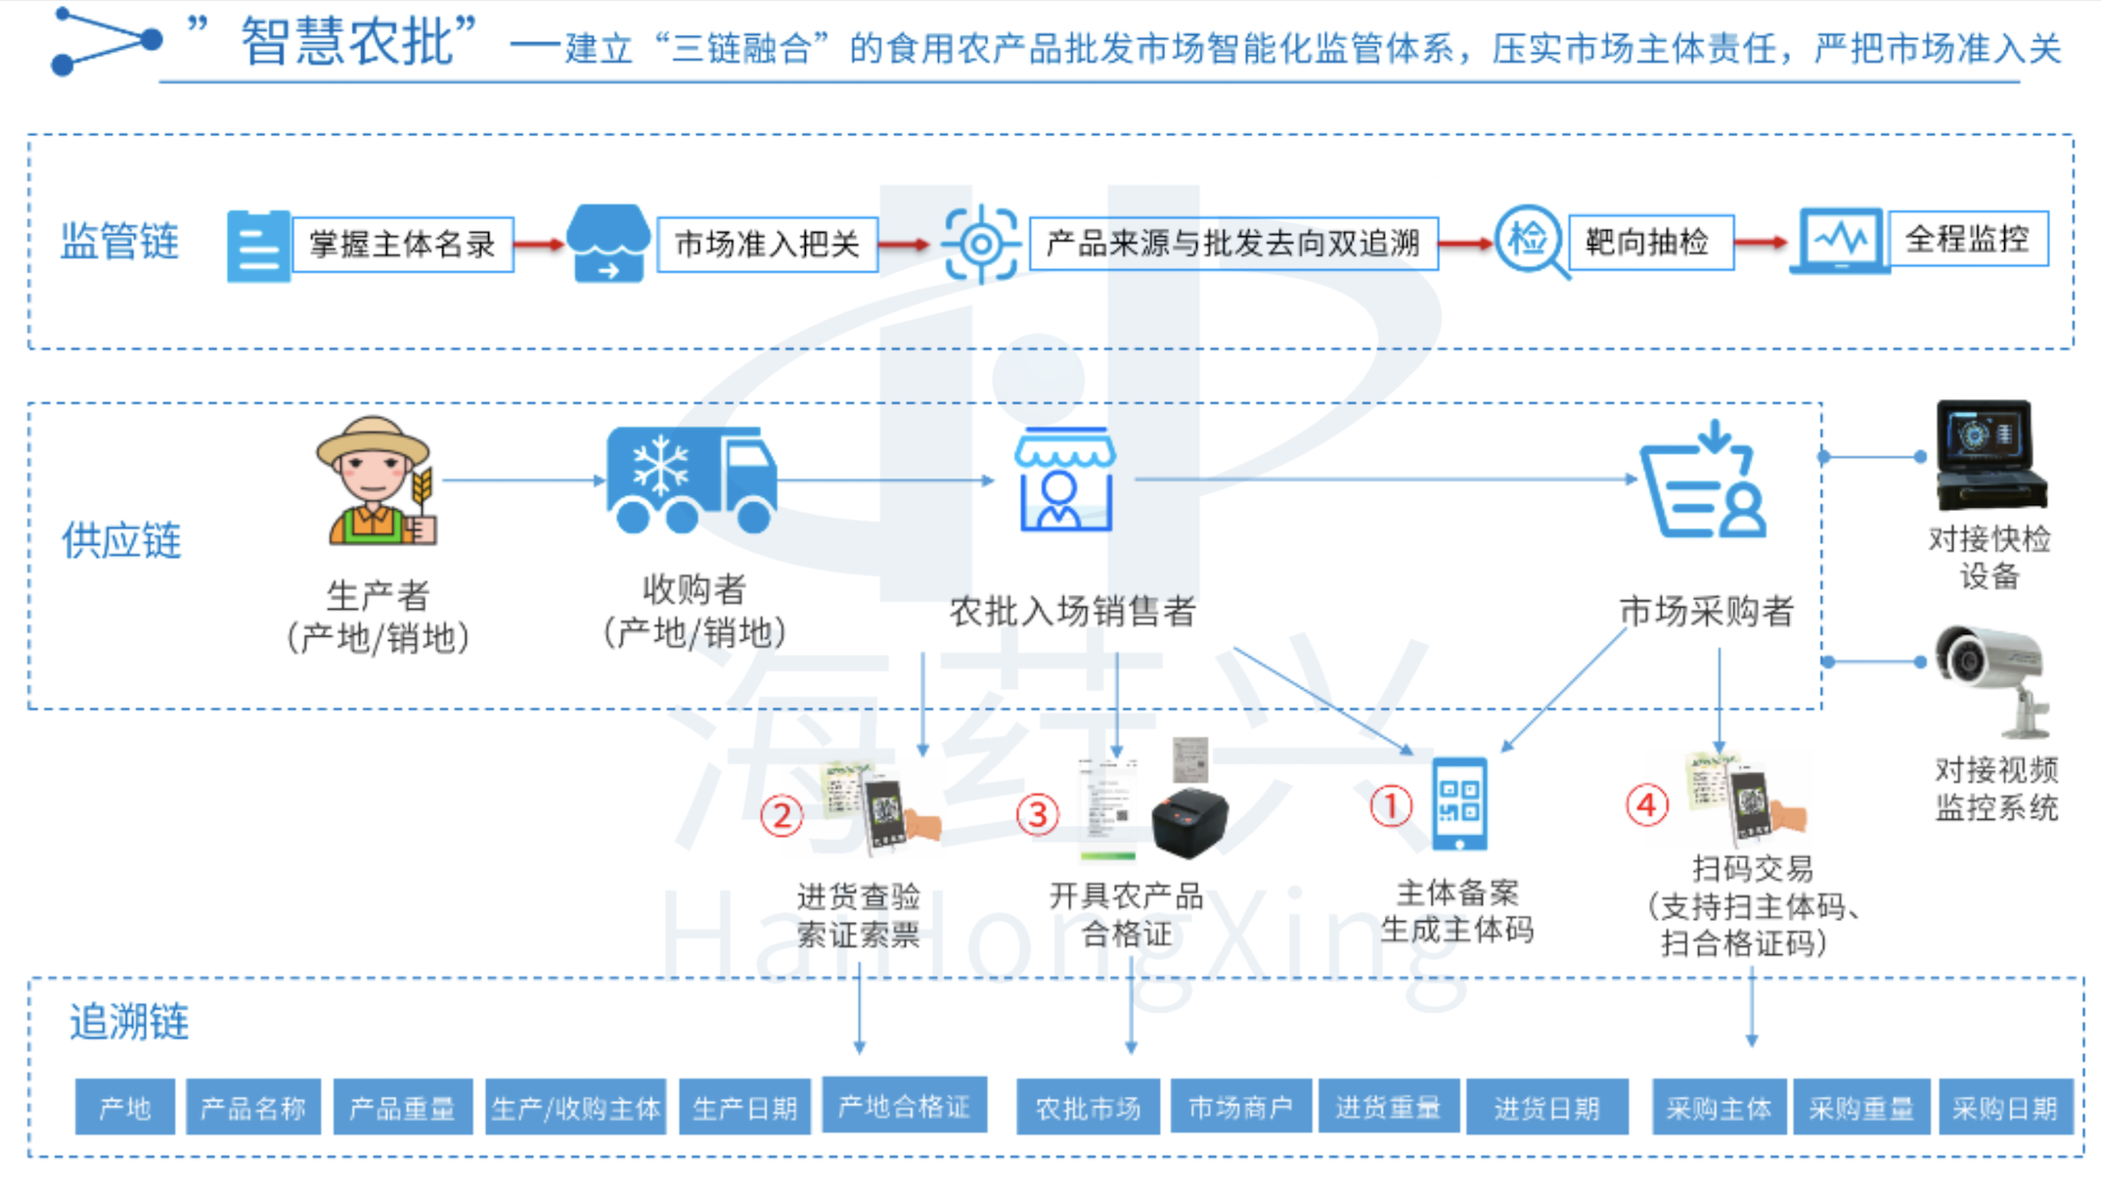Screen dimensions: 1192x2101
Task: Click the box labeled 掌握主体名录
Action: coord(403,245)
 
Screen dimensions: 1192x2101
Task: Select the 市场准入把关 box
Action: coord(767,245)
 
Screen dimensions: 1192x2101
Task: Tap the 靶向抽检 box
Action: coord(1650,242)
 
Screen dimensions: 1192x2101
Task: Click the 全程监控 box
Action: coord(1967,239)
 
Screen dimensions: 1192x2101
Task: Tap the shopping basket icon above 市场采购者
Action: coord(1705,481)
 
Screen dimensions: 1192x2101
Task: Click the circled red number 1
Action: coord(1390,807)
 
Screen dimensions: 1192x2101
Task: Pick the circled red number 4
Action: coord(1646,806)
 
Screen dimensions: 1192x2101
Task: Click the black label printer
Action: coord(1189,820)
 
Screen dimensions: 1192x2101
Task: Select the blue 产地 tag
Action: coord(125,1108)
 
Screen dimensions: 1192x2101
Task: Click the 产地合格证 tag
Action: coord(904,1106)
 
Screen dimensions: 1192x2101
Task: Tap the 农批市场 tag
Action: coord(1088,1108)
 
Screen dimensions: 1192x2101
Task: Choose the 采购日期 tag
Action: coord(2004,1108)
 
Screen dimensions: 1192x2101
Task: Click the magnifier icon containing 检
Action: coord(1530,240)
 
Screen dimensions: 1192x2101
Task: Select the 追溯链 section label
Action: coord(128,1022)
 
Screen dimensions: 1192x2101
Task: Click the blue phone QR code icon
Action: coord(1459,803)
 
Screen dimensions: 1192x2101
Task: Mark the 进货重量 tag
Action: coord(1388,1108)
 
